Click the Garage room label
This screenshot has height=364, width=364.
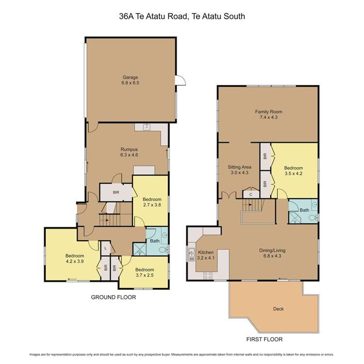pos(130,80)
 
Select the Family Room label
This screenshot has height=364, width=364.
pos(269,115)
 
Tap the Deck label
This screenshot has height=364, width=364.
pos(278,308)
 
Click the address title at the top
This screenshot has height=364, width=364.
pos(182,16)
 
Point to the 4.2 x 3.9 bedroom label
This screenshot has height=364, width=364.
pos(75,259)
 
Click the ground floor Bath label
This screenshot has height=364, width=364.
pos(154,240)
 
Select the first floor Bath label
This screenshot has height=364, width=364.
pos(304,210)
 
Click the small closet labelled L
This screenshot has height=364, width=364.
pos(106,248)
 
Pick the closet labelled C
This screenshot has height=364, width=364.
pos(251,194)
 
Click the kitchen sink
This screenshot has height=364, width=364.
pos(190,253)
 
